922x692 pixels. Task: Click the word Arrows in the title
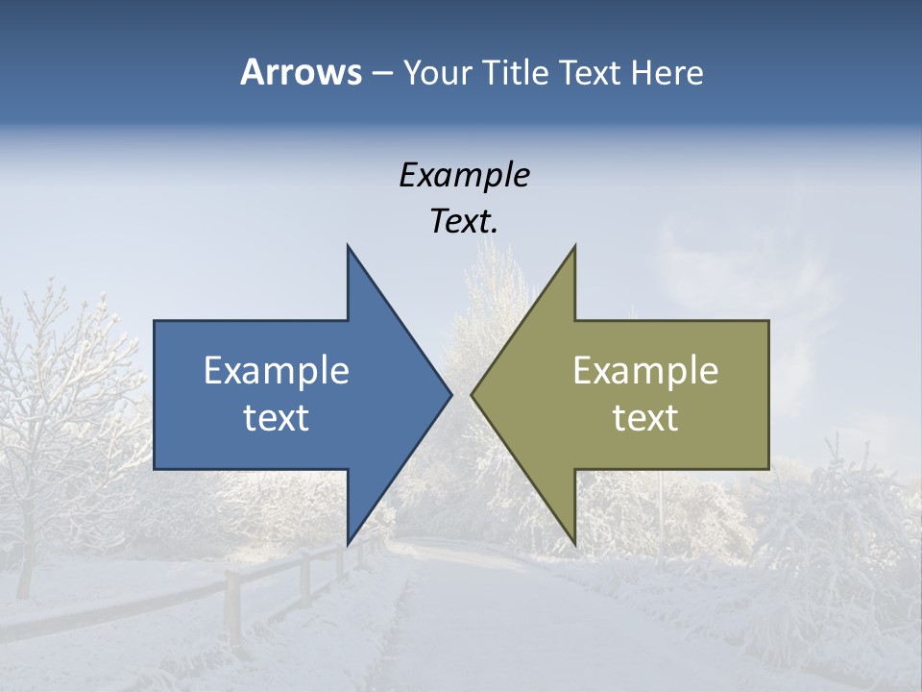(300, 72)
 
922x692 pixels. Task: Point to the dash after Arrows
(381, 73)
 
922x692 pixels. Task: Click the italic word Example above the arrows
(464, 176)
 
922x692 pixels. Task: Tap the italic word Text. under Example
(464, 222)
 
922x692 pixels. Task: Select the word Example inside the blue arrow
(277, 371)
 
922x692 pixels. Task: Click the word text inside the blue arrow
(277, 418)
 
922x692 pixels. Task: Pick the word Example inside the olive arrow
(645, 371)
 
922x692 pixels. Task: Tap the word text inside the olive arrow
(645, 418)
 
